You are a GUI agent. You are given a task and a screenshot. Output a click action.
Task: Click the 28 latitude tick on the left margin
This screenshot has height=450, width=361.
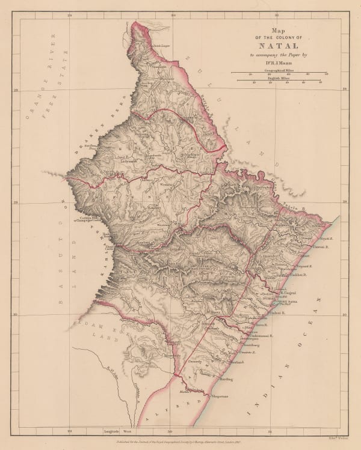coord(16,91)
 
